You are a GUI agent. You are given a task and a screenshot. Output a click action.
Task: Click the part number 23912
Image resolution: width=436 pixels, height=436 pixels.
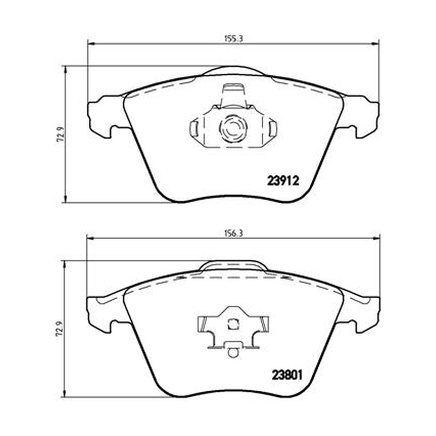pyautogui.click(x=283, y=181)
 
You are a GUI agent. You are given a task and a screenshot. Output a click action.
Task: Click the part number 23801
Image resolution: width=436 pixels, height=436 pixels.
pyautogui.click(x=287, y=376)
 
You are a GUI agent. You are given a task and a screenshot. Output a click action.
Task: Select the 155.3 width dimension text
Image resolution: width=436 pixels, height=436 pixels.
pyautogui.click(x=234, y=38)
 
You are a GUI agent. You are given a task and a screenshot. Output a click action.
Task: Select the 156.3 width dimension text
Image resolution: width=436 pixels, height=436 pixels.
pyautogui.click(x=234, y=233)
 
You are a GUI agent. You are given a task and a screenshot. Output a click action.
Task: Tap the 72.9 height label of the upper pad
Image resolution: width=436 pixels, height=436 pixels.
pyautogui.click(x=60, y=134)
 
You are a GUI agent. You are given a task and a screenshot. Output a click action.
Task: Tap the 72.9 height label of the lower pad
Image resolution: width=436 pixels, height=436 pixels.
pyautogui.click(x=60, y=330)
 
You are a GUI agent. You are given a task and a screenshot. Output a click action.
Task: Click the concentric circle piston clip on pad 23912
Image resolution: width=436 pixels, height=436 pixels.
pyautogui.click(x=233, y=128)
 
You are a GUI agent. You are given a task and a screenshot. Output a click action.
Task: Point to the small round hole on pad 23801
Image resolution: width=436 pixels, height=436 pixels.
pyautogui.click(x=233, y=353)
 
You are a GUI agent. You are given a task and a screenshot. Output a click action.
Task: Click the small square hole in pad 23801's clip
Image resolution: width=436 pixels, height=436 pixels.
pyautogui.click(x=233, y=324)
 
